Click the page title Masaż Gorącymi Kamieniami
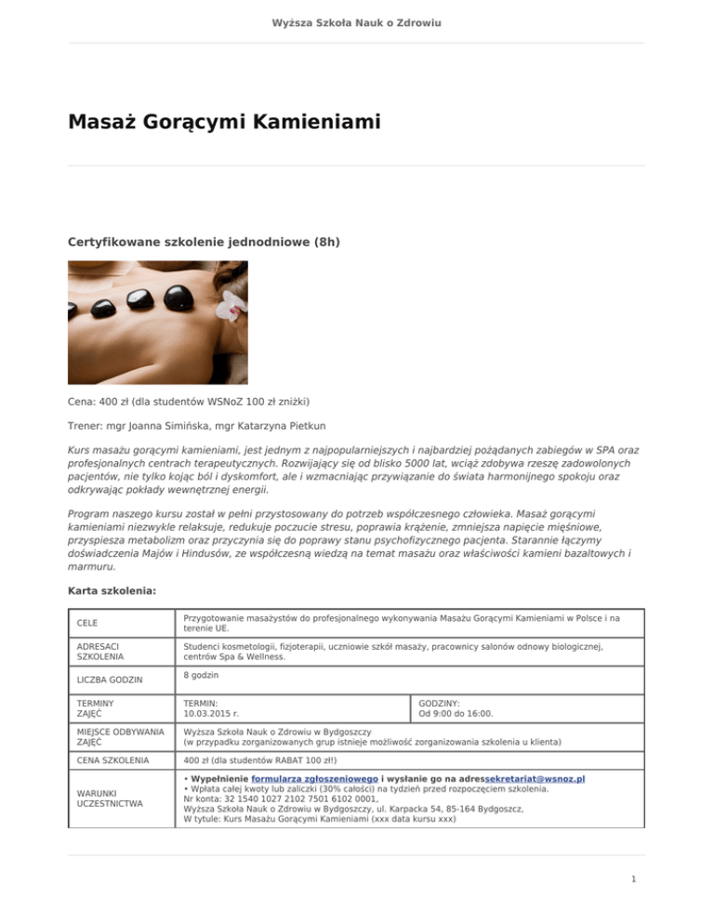click(224, 122)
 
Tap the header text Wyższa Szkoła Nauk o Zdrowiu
click(356, 20)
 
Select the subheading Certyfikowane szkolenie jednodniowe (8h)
click(204, 243)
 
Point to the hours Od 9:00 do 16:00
click(469, 714)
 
